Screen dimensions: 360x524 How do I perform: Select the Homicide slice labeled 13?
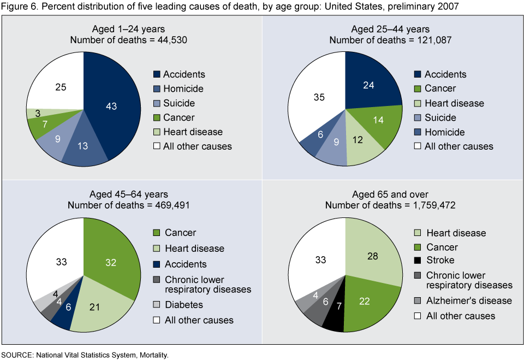click(83, 146)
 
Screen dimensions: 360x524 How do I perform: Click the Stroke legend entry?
click(440, 261)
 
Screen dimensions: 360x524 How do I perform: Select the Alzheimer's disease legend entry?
click(469, 300)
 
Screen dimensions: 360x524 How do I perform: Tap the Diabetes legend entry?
click(184, 305)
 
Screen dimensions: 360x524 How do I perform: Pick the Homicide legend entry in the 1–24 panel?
click(183, 88)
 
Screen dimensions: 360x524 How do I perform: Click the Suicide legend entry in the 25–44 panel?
click(440, 117)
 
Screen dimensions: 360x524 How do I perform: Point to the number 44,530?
click(166, 40)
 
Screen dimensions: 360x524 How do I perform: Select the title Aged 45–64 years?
click(129, 194)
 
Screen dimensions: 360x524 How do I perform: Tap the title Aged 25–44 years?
click(390, 29)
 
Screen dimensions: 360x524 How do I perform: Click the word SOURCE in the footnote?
click(17, 355)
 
